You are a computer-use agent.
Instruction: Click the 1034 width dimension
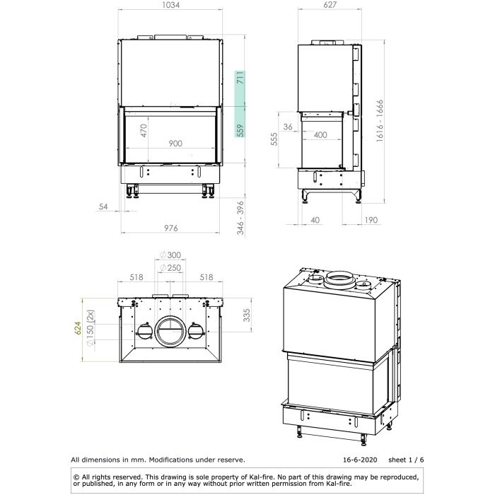point(171,5)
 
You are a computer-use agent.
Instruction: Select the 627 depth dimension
point(330,5)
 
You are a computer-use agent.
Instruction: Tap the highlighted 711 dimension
point(240,78)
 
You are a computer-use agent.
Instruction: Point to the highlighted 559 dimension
point(240,130)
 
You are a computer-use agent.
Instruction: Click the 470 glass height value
point(144,131)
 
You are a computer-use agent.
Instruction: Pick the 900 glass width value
point(175,144)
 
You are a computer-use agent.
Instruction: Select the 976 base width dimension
point(171,228)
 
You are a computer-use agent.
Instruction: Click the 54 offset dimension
point(103,206)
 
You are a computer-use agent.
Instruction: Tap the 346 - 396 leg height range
point(240,218)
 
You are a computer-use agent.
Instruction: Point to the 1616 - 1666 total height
point(380,121)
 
